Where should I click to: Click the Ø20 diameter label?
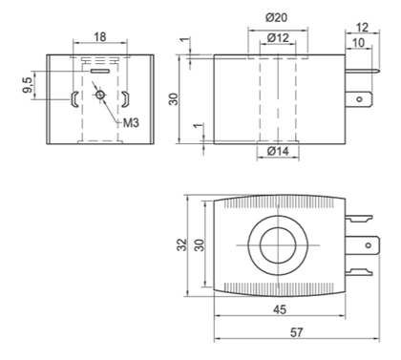(276, 18)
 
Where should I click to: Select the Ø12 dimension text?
(278, 38)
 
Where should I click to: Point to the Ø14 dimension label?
(278, 151)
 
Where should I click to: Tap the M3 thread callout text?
(131, 122)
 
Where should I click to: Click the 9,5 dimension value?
(28, 85)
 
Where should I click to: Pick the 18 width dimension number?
(100, 37)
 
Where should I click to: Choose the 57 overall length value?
(296, 332)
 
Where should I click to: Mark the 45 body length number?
(280, 309)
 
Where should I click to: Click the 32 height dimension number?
(182, 245)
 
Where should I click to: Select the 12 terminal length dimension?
(362, 28)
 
